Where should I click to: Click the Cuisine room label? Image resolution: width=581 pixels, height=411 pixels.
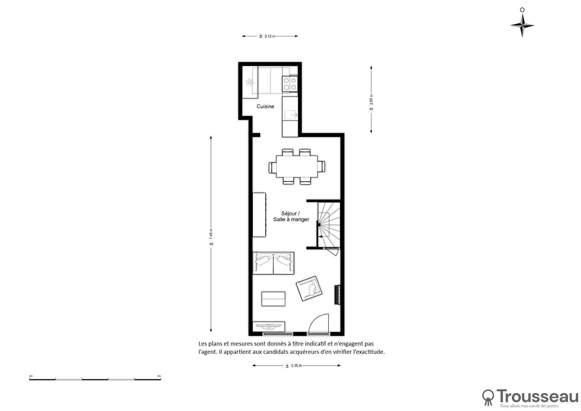[x=265, y=106]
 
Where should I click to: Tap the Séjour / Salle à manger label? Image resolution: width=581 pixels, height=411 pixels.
[x=291, y=216]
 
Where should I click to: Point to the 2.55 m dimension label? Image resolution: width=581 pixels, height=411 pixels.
[x=371, y=102]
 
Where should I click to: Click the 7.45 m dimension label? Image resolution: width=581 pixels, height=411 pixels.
[x=211, y=237]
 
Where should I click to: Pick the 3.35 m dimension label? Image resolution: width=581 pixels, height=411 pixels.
[x=294, y=366]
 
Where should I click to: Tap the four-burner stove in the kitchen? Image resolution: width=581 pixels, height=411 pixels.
[x=290, y=84]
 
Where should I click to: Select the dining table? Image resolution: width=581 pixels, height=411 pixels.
[x=297, y=166]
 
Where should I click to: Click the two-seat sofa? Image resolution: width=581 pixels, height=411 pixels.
[x=273, y=263]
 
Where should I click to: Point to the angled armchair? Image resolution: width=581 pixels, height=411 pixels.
[x=309, y=288]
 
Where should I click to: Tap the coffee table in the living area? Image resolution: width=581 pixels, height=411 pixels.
[x=273, y=299]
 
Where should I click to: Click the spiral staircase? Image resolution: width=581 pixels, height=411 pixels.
[x=329, y=224]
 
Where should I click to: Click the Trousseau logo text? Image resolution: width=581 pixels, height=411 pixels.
[x=537, y=396]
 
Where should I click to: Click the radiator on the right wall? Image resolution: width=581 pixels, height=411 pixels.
[x=337, y=295]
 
